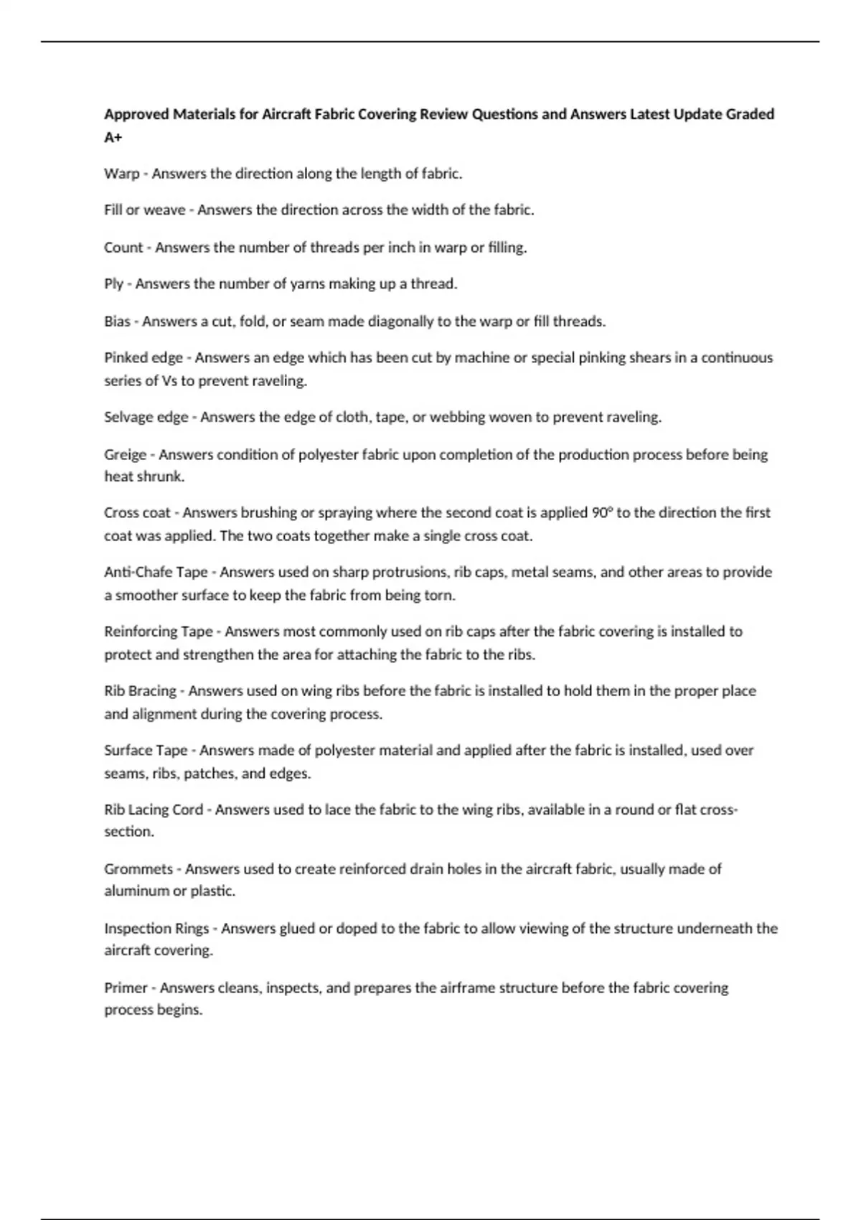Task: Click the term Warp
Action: pos(121,174)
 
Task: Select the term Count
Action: pos(123,248)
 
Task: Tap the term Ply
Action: pos(113,284)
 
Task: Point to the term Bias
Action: pos(117,322)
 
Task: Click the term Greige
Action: pos(125,455)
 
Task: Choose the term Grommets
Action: pos(138,869)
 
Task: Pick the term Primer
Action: pos(126,988)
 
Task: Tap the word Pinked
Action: pos(126,358)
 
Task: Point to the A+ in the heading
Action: pos(113,137)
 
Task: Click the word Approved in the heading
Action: pos(136,115)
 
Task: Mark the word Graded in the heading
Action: pos(750,114)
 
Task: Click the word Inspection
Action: pos(137,929)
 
